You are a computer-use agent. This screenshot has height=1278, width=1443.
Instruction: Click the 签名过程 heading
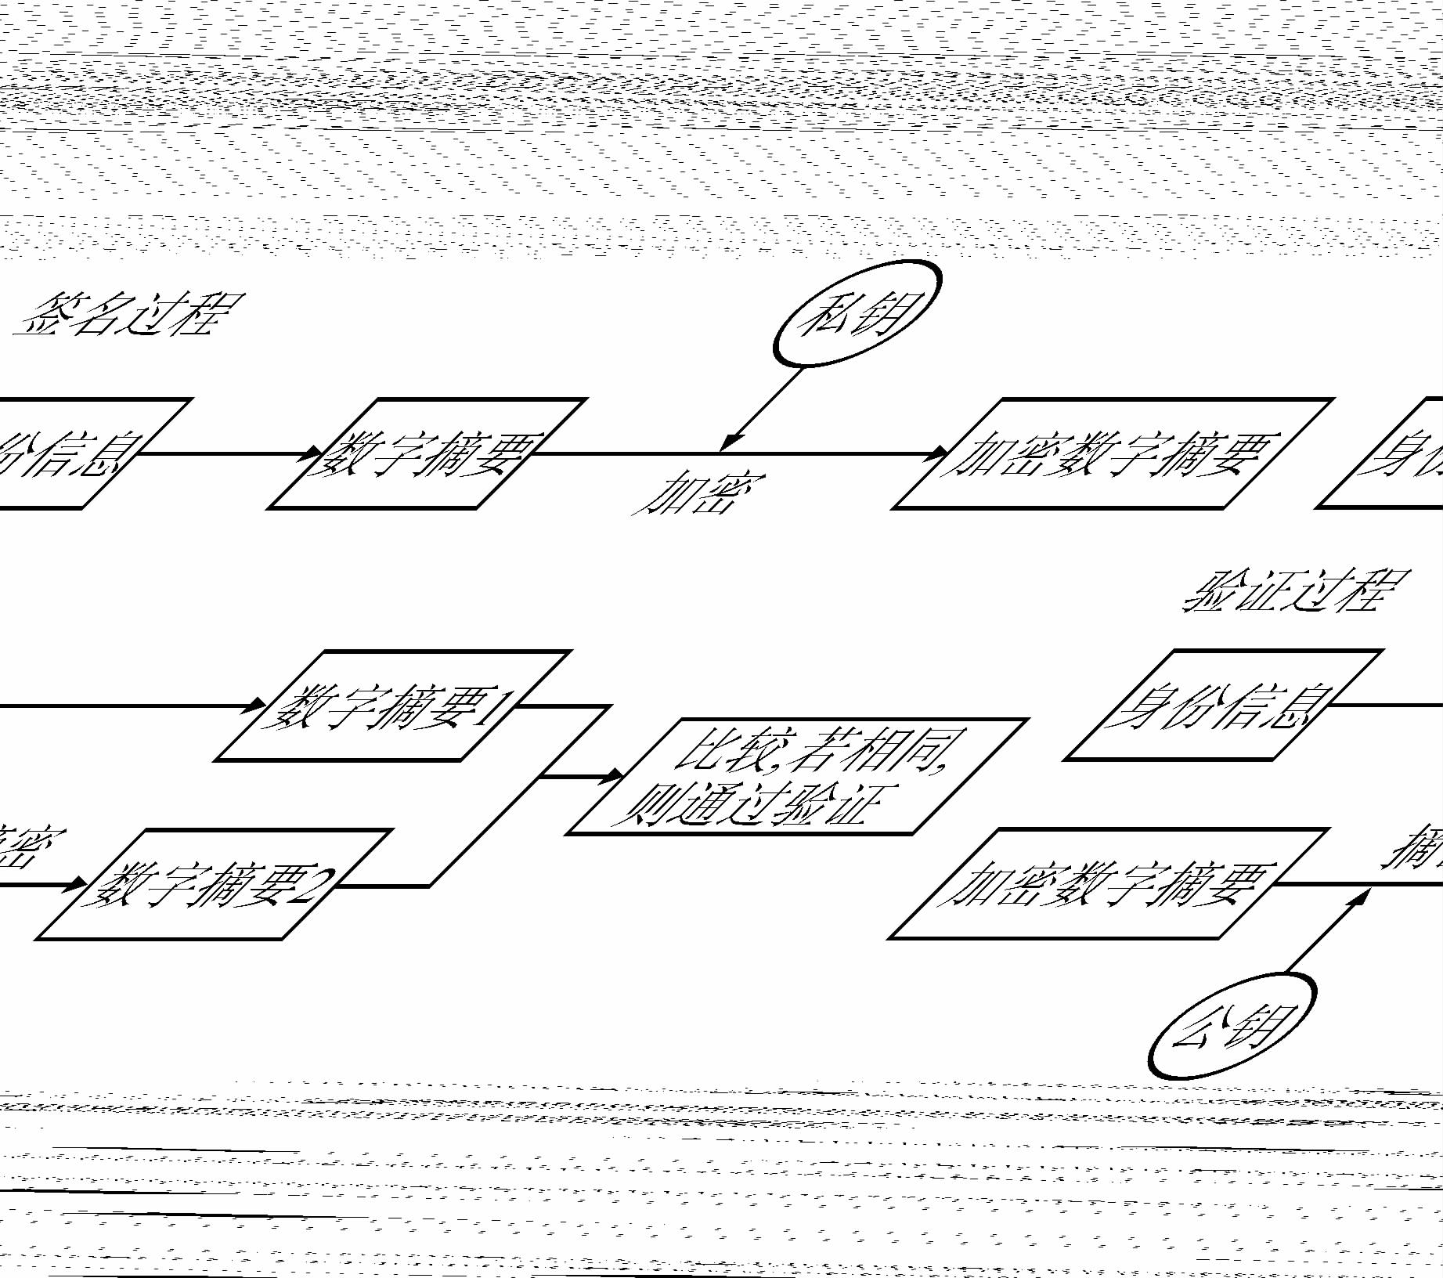(x=129, y=315)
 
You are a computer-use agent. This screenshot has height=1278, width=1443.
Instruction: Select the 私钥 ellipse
(x=857, y=313)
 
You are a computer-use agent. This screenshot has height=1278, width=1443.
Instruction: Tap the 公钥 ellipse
(x=1232, y=1026)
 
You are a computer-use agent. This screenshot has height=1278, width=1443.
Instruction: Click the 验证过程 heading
(x=1296, y=590)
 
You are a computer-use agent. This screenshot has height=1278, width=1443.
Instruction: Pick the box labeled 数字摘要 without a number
(x=427, y=453)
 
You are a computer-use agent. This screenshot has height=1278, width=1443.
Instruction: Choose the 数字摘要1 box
(x=391, y=706)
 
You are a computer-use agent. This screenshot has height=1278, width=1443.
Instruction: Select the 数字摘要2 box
(x=213, y=885)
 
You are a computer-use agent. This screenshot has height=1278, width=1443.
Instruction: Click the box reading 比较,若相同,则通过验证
(x=795, y=776)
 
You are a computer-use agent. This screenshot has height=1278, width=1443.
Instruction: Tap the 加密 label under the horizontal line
(x=698, y=493)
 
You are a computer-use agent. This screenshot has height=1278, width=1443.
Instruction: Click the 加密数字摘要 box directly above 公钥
(x=1108, y=883)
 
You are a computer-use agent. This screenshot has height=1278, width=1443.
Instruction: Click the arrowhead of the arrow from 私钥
(x=730, y=443)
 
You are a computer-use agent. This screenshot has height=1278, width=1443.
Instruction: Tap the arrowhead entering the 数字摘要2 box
(x=78, y=885)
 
